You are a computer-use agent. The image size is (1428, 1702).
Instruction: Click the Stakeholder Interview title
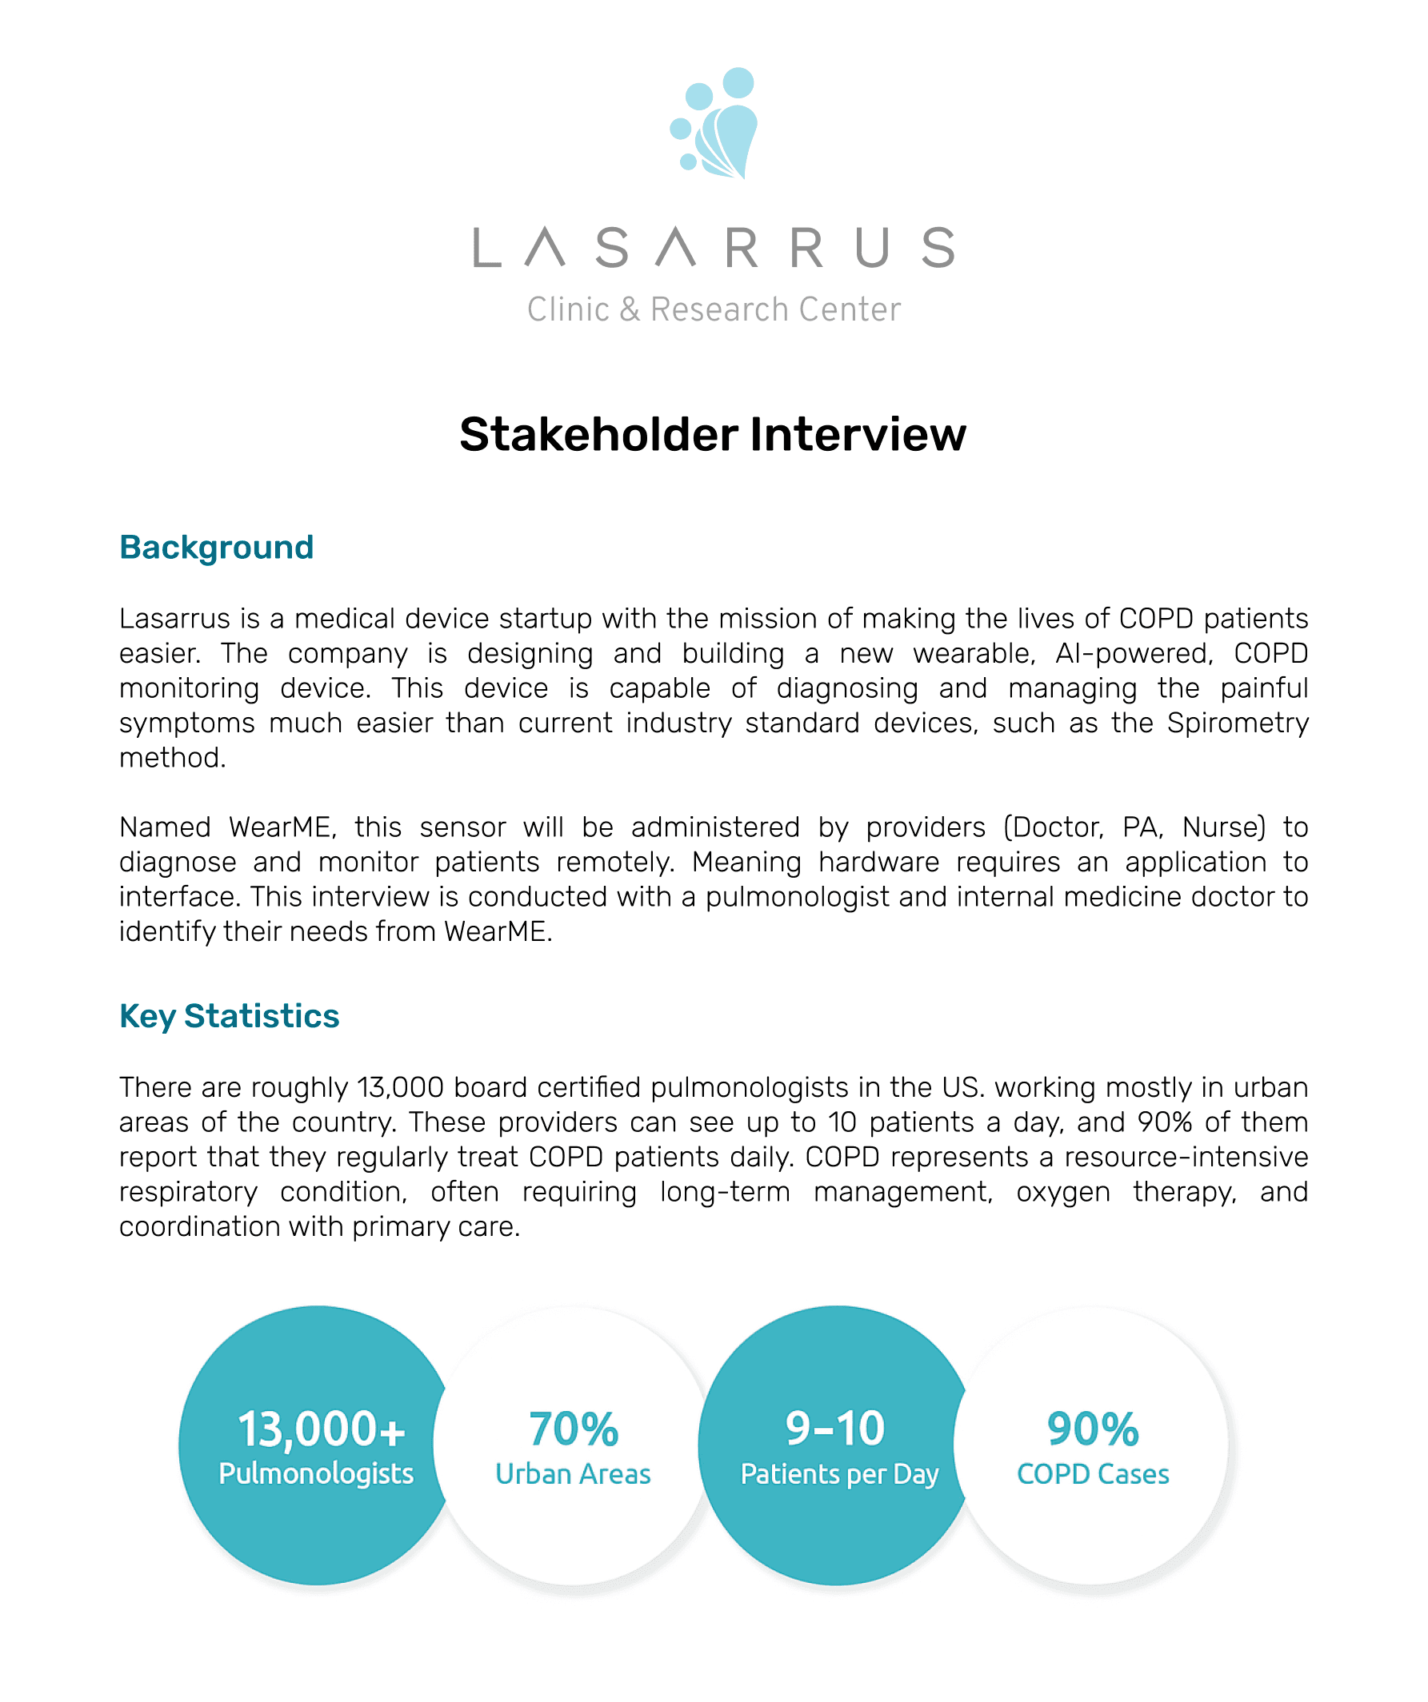click(x=713, y=434)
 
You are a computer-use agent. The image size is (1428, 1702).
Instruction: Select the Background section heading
click(x=217, y=548)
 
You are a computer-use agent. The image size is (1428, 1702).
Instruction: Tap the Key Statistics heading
click(x=230, y=1016)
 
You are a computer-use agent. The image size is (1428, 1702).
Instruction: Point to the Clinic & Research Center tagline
click(x=714, y=309)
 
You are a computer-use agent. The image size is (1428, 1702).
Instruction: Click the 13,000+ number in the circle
click(x=321, y=1429)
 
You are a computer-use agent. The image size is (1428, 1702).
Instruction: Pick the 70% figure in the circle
click(x=574, y=1429)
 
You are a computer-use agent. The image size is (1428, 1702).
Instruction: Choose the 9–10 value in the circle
click(x=835, y=1428)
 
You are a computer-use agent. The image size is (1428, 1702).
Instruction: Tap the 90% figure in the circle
click(x=1093, y=1429)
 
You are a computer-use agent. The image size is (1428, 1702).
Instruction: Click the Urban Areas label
click(x=574, y=1474)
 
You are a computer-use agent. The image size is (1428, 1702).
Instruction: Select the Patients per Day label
click(x=839, y=1474)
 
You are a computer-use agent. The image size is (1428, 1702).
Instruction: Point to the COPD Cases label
click(x=1093, y=1474)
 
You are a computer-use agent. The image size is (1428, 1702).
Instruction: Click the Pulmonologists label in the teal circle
click(x=316, y=1473)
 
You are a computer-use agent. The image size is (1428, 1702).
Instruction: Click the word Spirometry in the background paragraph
click(x=1238, y=723)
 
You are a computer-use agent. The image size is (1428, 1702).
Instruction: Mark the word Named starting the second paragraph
click(x=165, y=827)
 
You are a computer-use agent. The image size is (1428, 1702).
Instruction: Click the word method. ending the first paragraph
click(x=173, y=758)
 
